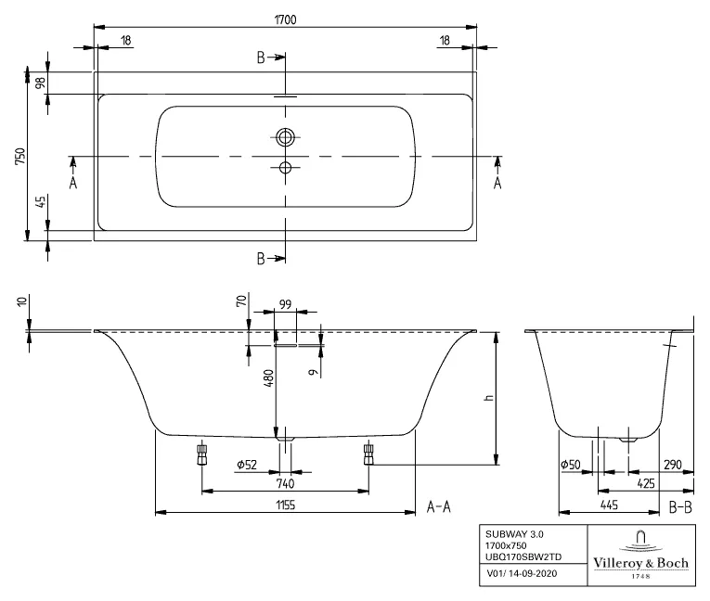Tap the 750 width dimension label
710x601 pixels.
coord(19,154)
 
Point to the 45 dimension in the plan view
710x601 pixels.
coord(40,203)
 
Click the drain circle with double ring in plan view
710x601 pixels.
coord(285,137)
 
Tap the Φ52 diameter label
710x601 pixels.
coord(246,464)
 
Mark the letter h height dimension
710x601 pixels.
coord(486,396)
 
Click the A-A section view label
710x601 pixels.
coord(438,506)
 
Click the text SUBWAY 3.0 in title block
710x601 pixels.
coord(510,534)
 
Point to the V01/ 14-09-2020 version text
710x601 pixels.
coord(523,574)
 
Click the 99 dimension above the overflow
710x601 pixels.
coord(285,304)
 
